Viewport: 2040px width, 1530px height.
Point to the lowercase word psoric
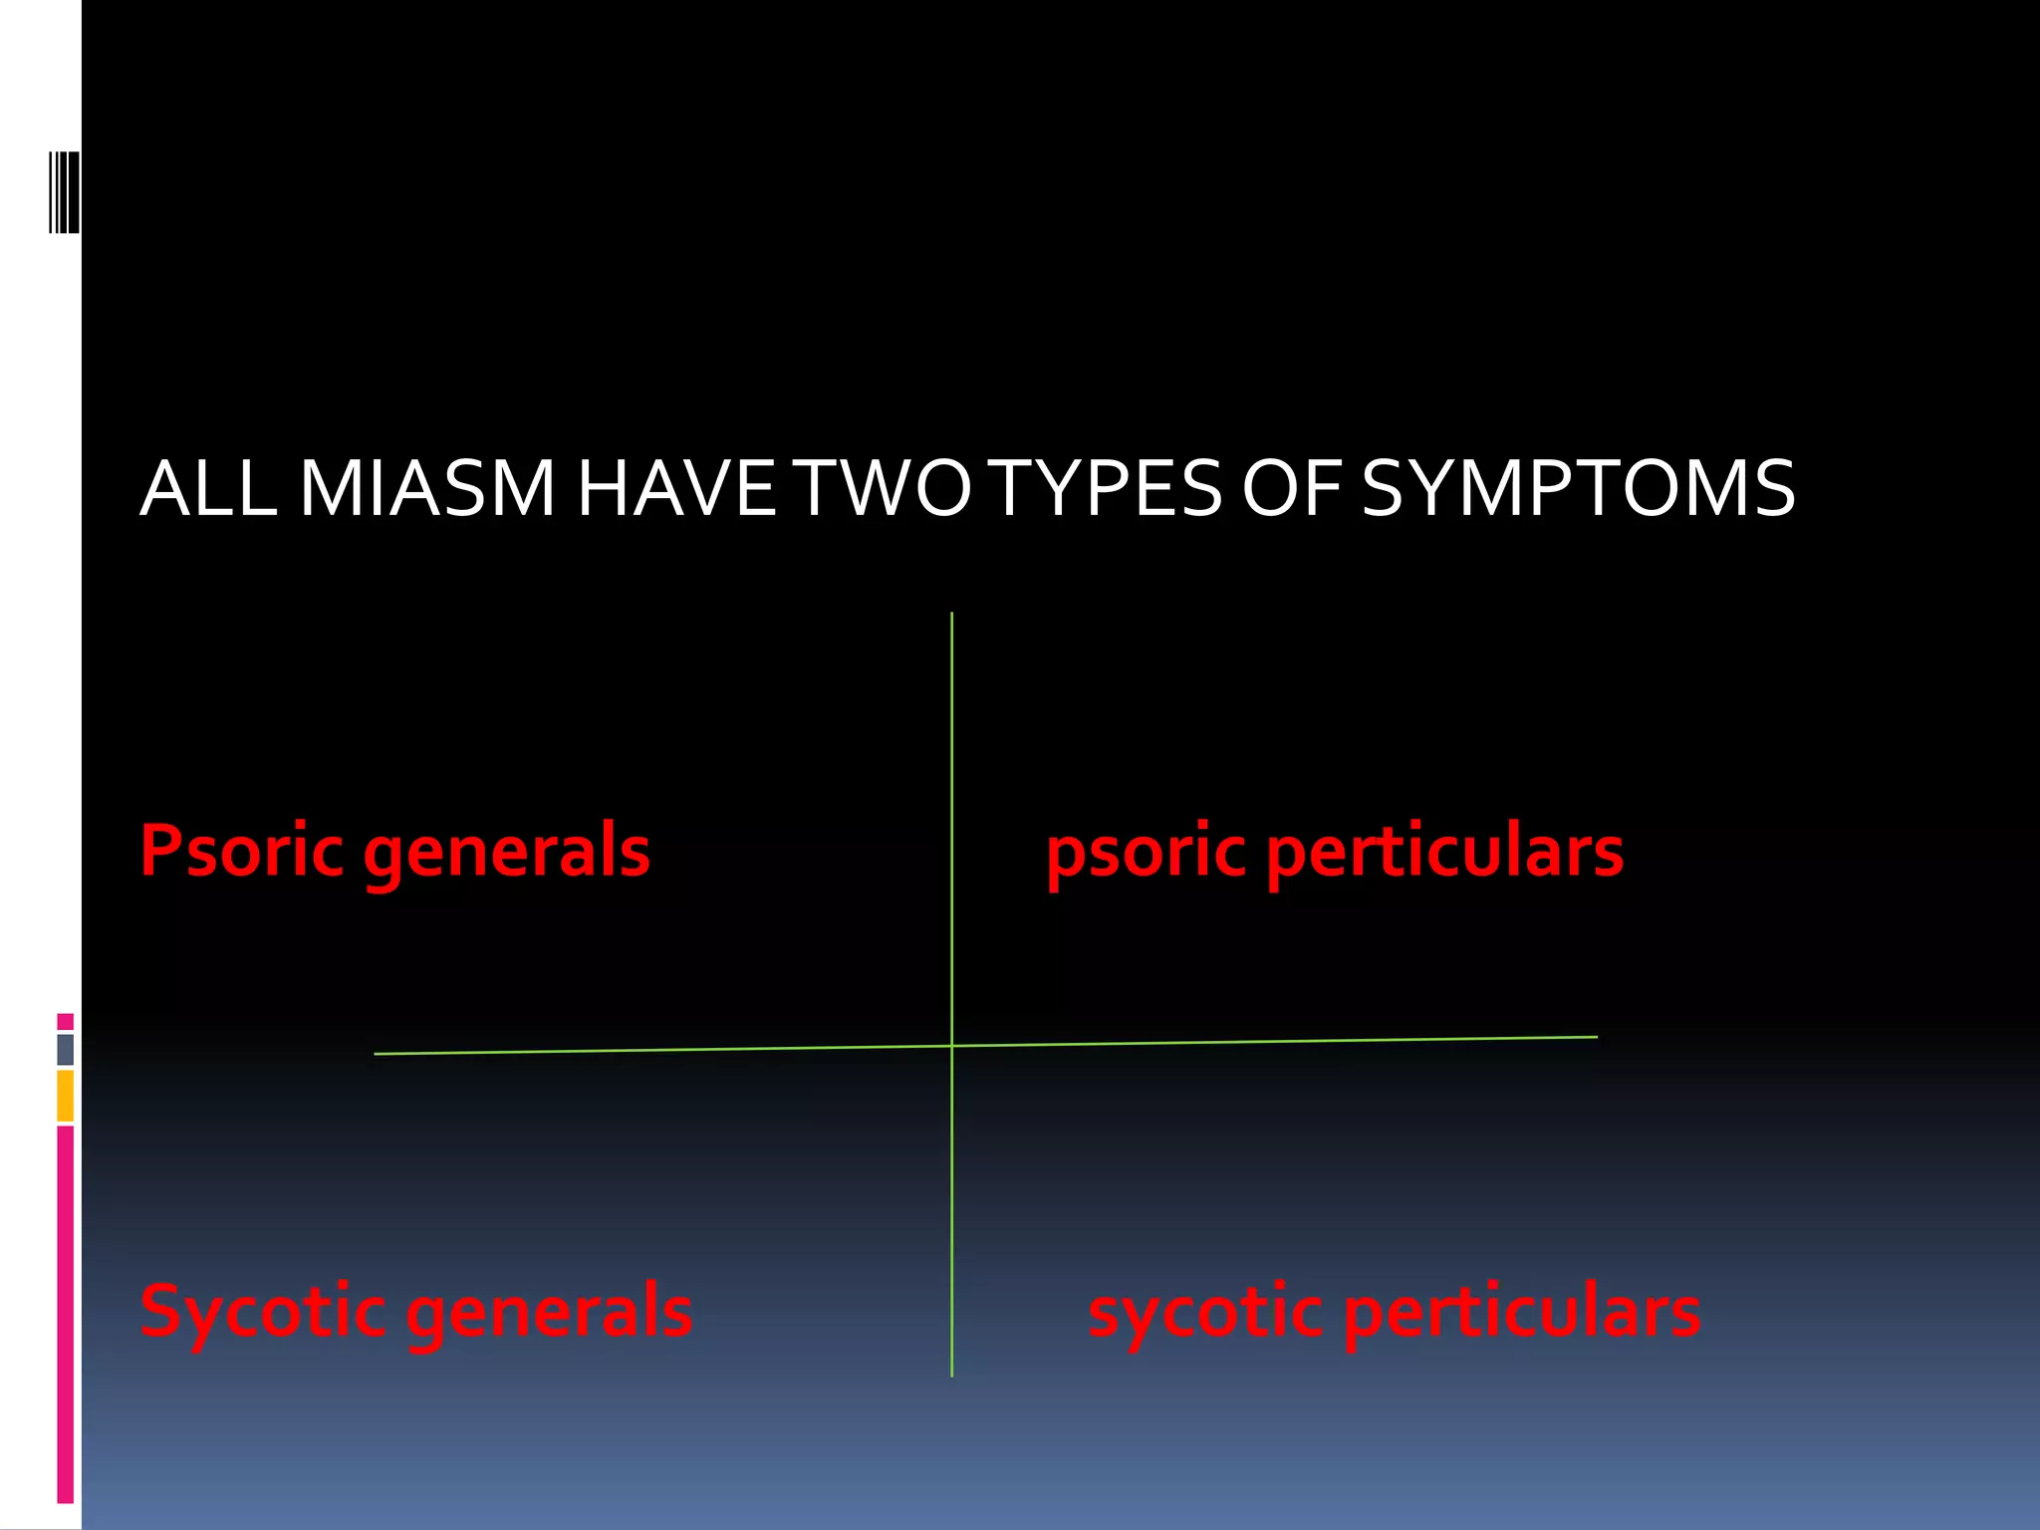coord(1146,855)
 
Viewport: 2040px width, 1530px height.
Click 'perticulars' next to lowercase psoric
coord(1444,855)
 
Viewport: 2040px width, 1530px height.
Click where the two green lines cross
coord(951,1045)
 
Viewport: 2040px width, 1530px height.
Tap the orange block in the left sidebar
coord(65,1096)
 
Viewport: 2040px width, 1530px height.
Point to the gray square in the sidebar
coord(65,1049)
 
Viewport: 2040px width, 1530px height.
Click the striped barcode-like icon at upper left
coord(65,192)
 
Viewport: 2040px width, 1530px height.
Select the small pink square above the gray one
coord(65,1021)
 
